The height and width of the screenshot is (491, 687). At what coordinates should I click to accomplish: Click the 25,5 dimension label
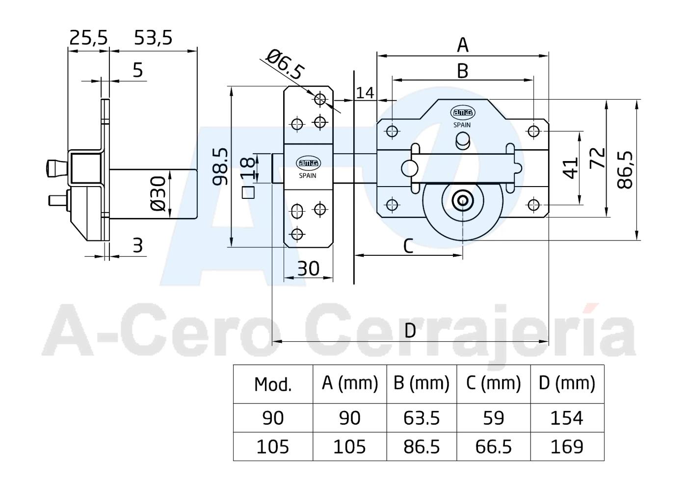(88, 38)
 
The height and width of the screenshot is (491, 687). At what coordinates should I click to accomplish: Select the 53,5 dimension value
(153, 38)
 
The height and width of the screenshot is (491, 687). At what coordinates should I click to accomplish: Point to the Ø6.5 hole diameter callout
(286, 64)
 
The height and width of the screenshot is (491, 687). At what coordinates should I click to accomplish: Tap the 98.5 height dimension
(220, 166)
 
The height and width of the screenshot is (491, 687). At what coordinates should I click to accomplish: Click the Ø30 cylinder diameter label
(159, 193)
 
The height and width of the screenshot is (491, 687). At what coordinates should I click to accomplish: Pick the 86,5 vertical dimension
(625, 170)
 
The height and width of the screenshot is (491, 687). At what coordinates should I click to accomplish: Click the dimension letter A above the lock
(462, 45)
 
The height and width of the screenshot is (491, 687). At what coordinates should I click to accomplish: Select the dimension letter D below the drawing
(410, 330)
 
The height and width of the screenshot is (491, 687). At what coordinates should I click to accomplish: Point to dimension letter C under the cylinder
(408, 246)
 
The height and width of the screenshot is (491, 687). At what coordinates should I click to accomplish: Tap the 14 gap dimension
(365, 92)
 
